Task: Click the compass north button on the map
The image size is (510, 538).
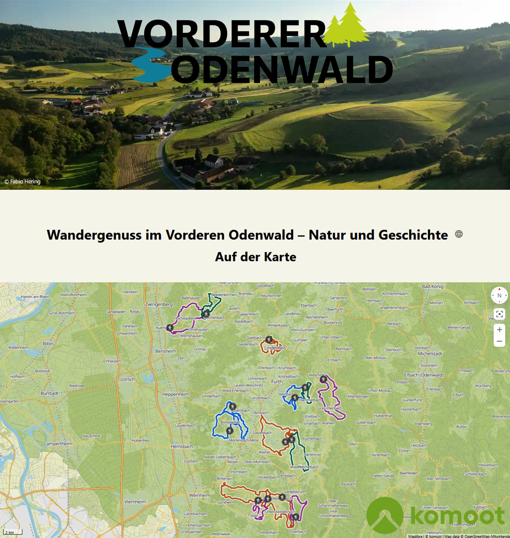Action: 499,295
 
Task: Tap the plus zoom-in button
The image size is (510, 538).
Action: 499,330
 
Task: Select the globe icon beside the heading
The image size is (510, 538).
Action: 459,234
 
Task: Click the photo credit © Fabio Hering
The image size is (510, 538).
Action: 22,182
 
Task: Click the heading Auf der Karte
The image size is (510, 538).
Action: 255,257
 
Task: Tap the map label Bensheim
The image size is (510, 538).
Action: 166,351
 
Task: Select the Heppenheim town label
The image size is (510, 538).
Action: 176,394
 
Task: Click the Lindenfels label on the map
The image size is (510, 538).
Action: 275,348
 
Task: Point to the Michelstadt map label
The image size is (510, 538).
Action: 430,354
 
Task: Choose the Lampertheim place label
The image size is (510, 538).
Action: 58,444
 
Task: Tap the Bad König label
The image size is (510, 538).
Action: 433,286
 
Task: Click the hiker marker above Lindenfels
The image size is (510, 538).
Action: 269,340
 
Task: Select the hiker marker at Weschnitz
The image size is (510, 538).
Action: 323,379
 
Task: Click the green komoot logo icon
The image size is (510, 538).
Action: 384,516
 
